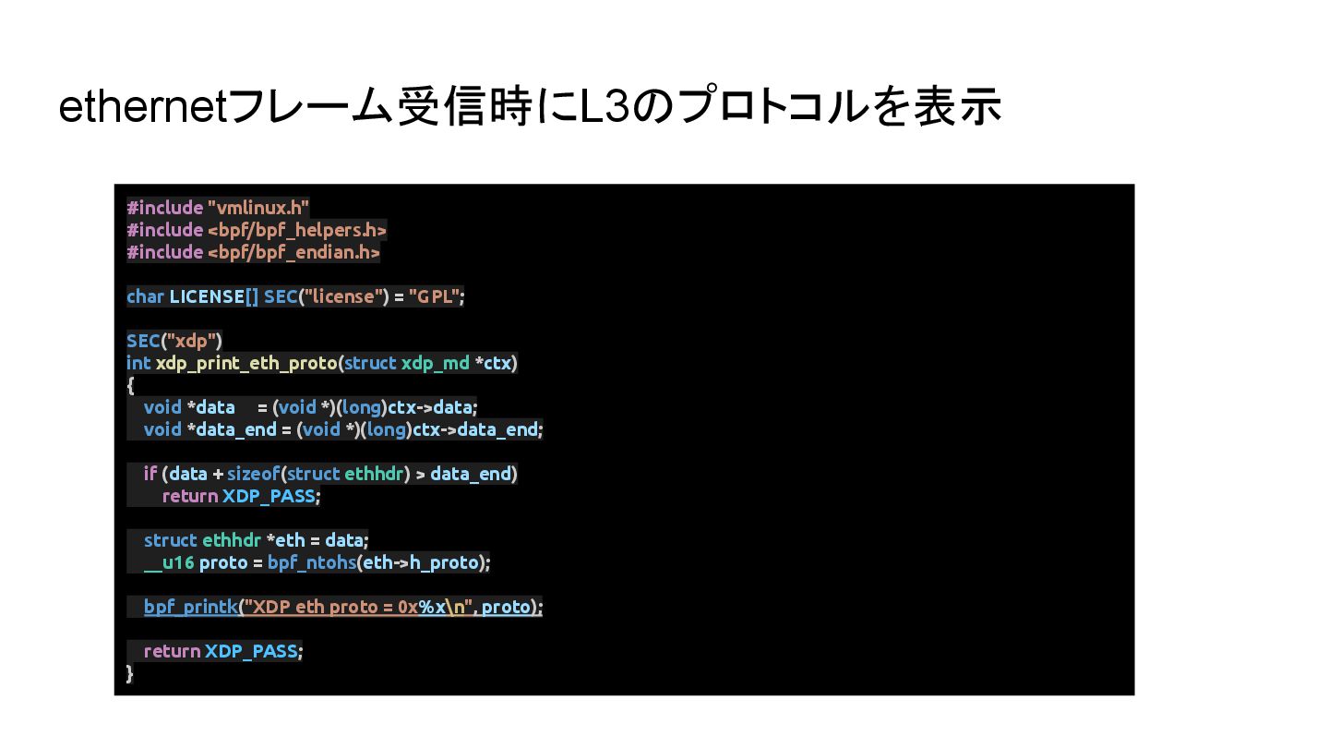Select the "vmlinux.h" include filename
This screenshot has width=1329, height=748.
pos(258,208)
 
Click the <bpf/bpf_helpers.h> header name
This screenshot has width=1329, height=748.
pos(296,230)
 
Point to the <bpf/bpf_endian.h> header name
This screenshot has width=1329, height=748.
pos(293,252)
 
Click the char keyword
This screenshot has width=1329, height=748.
pos(145,296)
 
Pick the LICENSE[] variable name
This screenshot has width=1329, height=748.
pos(214,296)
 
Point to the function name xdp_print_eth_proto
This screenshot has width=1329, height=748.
pos(245,363)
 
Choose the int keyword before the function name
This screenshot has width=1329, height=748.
pos(138,363)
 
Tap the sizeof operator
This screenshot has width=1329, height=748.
pos(253,474)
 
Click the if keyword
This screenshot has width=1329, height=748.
pos(150,474)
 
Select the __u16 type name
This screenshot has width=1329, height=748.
pos(169,562)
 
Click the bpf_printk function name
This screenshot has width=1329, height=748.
pos(190,607)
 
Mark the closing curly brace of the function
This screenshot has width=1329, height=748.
pos(130,673)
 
